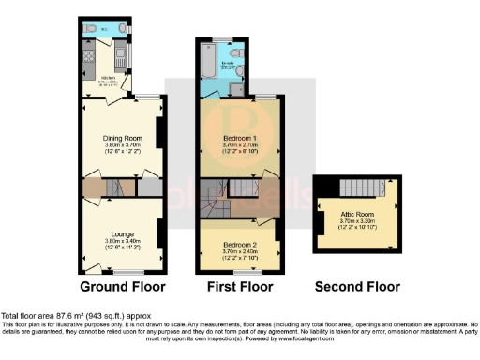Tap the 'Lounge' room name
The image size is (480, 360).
122,233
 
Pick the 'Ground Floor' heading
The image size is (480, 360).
122,286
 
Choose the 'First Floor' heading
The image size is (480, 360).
240,286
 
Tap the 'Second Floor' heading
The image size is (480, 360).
357,286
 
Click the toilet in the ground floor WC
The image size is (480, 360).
90,29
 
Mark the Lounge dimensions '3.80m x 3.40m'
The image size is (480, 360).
122,241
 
